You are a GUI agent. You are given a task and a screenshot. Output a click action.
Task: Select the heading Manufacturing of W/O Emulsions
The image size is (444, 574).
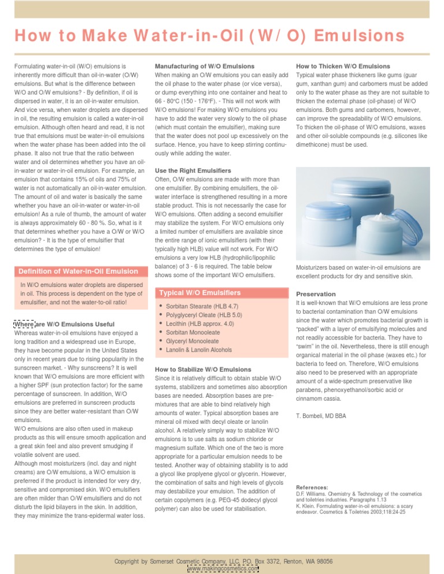(205, 66)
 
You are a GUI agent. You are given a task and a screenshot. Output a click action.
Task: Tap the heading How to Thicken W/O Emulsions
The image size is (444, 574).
(343, 66)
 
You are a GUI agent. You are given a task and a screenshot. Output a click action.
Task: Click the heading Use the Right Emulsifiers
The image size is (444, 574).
(193, 171)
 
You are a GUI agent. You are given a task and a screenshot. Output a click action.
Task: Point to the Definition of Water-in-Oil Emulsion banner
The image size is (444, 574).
(78, 271)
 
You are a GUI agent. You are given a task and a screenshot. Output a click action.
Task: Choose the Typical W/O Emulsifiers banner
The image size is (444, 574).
(200, 293)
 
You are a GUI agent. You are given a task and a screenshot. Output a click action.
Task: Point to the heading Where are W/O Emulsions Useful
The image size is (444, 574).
(64, 324)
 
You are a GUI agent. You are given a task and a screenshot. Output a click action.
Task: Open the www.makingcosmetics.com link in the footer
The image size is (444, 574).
(223, 569)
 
